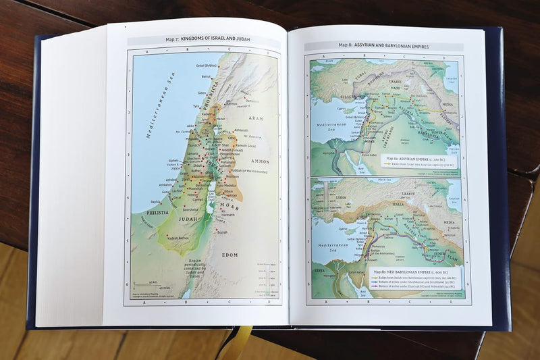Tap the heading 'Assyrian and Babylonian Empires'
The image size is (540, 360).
pos(385,47)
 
